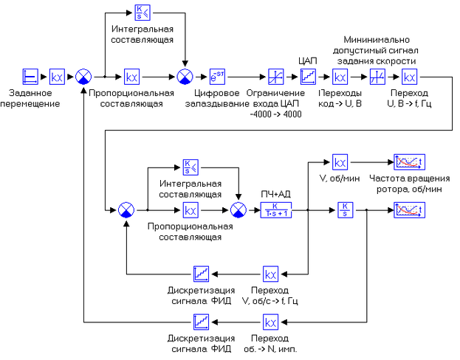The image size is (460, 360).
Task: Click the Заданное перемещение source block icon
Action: [30, 76]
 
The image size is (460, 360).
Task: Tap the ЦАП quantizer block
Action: [308, 76]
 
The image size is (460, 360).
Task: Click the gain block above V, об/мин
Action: [340, 162]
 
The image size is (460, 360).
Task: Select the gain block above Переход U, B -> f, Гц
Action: [410, 76]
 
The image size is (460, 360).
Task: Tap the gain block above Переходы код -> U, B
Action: [340, 76]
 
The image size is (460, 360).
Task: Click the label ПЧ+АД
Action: [276, 193]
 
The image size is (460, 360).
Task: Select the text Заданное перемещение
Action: [30, 98]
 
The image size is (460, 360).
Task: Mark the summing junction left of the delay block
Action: [184, 76]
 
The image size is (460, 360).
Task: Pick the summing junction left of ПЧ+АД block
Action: [238, 210]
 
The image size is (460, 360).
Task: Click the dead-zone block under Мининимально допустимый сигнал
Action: [376, 76]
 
